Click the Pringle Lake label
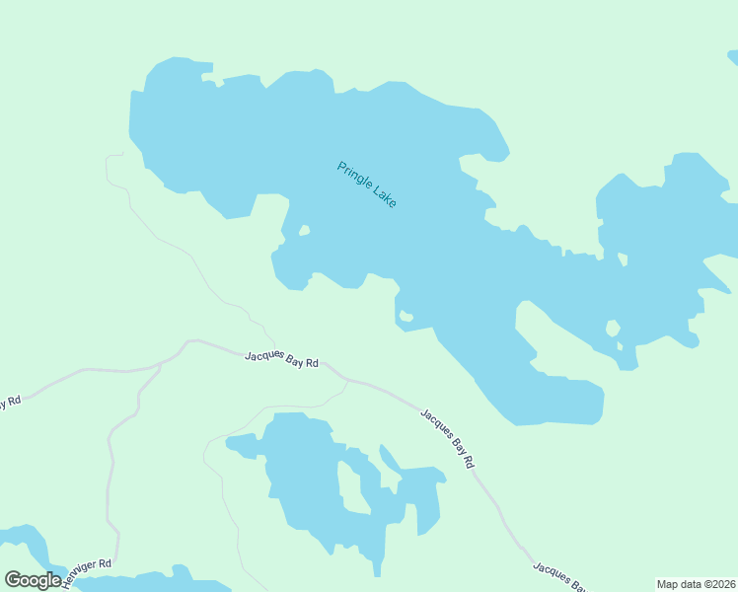(x=366, y=185)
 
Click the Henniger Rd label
(x=87, y=572)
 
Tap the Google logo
(x=33, y=580)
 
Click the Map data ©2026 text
(x=696, y=584)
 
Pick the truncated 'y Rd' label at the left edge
(x=10, y=403)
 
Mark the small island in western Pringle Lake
(x=305, y=231)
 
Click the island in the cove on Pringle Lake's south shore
(x=406, y=317)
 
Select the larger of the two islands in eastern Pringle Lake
(x=613, y=328)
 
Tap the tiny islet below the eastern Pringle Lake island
(x=621, y=346)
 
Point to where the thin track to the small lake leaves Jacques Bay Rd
(x=347, y=380)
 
